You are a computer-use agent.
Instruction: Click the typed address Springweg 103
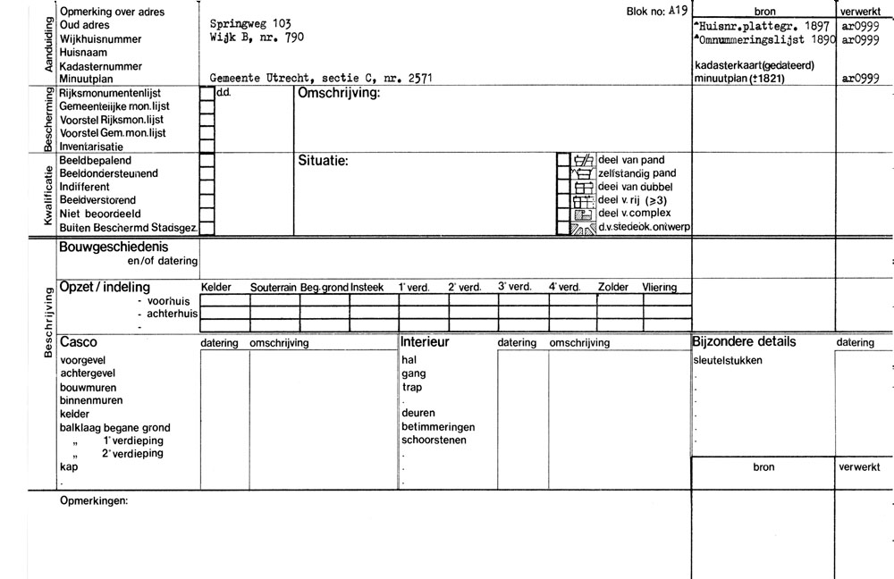tap(249, 22)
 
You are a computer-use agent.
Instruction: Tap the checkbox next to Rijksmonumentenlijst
tap(207, 93)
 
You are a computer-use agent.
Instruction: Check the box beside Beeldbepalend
tap(207, 160)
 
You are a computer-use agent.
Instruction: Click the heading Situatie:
tap(322, 161)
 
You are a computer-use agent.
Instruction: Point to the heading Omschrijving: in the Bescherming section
tap(339, 93)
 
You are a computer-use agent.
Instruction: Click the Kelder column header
tap(216, 287)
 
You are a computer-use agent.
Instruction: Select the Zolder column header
tap(612, 287)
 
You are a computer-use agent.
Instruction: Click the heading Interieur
tap(425, 342)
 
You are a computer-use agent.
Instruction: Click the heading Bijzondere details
tap(744, 342)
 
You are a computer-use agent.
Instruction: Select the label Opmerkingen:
tap(93, 501)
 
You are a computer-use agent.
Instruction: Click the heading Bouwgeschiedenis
tap(114, 247)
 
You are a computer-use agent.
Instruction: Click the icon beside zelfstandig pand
tap(583, 173)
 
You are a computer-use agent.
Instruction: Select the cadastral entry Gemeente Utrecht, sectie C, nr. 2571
tap(321, 79)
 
